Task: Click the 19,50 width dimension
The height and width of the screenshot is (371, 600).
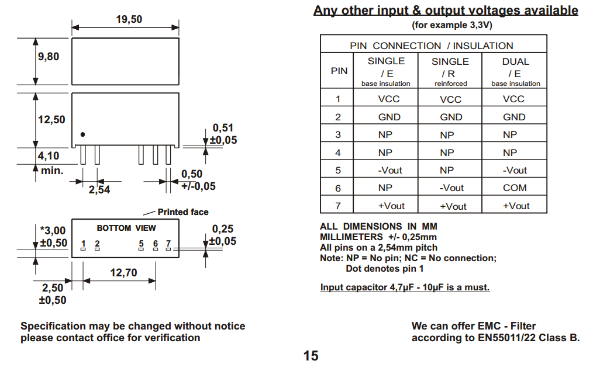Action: tap(129, 19)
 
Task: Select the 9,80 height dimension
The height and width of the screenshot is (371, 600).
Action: tap(49, 57)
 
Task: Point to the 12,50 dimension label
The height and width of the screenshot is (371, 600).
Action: tap(51, 120)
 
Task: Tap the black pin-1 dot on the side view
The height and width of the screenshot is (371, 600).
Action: tap(82, 134)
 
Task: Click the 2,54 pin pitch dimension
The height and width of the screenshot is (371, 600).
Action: tap(99, 190)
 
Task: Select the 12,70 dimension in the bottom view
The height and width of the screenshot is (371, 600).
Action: tap(123, 272)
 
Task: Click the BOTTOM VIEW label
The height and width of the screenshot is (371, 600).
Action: tap(126, 228)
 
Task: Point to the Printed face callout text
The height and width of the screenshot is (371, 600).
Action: tap(182, 212)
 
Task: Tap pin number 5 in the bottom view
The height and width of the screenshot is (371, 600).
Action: tap(141, 244)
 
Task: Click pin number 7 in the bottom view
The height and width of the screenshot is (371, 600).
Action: tap(168, 244)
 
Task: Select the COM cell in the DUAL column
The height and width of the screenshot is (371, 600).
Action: tap(515, 188)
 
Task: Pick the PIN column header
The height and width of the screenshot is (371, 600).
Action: tap(339, 71)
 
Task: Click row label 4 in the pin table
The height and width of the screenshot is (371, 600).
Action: tap(338, 152)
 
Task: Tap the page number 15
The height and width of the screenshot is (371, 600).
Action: tap(311, 355)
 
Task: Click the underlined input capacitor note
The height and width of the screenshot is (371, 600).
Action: tap(405, 287)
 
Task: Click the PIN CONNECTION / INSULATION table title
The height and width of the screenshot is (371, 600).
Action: tap(431, 46)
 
